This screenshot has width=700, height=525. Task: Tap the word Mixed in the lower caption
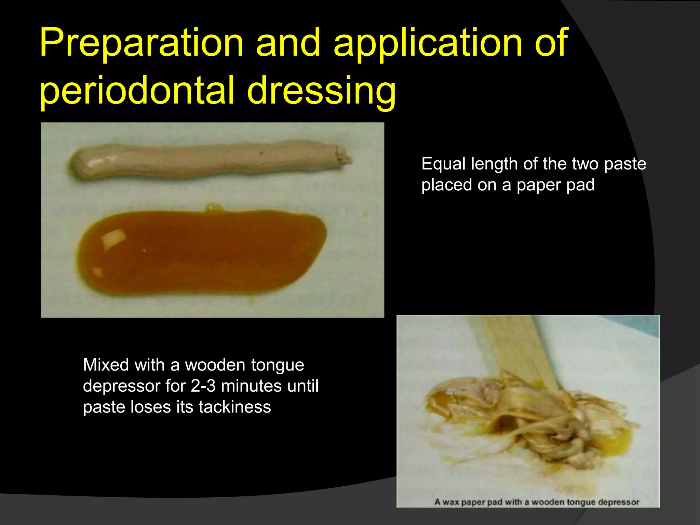[106, 365]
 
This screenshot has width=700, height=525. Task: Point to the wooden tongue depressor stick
[513, 345]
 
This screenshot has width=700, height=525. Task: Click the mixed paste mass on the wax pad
[533, 420]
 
